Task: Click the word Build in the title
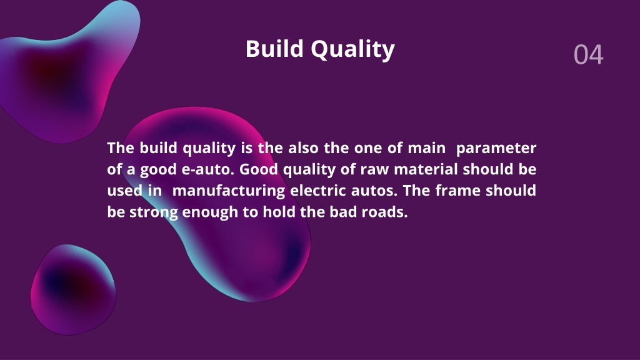point(275,49)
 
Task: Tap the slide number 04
point(588,55)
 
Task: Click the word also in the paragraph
point(303,147)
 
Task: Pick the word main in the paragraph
point(426,147)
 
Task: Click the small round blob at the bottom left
point(74,290)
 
